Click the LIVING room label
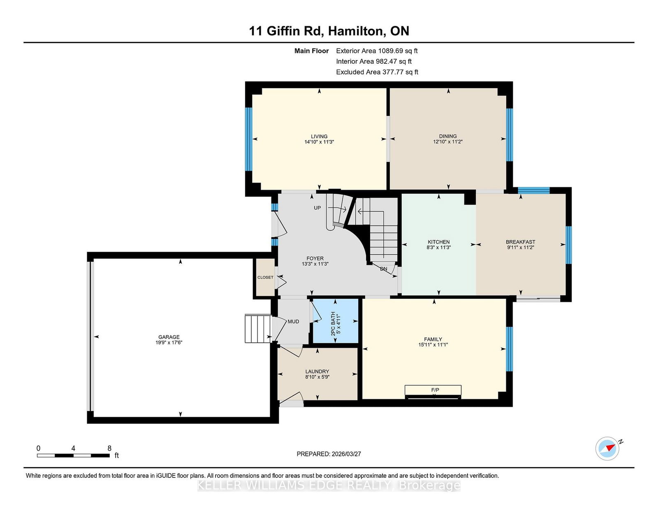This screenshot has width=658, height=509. point(319,136)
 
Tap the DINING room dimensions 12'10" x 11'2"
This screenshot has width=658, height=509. point(448,142)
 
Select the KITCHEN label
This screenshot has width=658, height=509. point(438,242)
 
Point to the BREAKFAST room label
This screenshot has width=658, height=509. point(521,242)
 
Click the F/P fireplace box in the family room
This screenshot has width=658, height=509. point(433,392)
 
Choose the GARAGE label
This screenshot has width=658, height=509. point(169,337)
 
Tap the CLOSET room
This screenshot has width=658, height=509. point(266,277)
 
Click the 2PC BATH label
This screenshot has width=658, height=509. point(333,323)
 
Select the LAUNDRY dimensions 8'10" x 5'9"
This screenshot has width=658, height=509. point(317,377)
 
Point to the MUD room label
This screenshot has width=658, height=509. point(293,321)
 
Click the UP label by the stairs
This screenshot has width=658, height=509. point(317,208)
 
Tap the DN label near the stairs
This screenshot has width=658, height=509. point(383,269)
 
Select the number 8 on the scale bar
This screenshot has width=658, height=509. point(109,448)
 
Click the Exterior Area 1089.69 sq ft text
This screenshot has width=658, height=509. point(377,51)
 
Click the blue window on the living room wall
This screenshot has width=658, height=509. point(248,139)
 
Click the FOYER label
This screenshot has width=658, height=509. point(315,258)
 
